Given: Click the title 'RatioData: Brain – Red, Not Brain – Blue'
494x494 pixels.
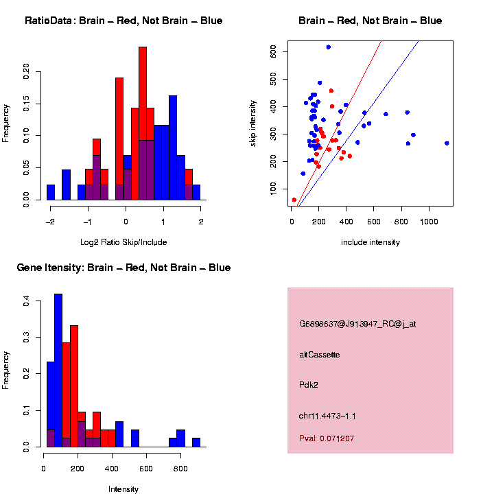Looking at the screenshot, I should point(123,21).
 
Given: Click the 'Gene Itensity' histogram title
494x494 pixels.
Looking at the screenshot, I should point(123,268).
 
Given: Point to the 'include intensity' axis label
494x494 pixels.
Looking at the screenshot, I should point(370,242).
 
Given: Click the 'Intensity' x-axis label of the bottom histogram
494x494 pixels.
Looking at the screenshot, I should point(123,489).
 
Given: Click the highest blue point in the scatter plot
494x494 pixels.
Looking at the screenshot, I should point(328,47).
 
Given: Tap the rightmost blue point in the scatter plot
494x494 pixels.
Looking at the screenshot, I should point(447,143).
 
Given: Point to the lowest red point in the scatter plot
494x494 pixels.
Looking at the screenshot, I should point(294,200).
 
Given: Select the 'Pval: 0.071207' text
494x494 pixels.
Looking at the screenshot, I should point(327,438).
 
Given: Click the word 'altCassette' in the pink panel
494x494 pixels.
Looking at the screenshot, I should point(319,355).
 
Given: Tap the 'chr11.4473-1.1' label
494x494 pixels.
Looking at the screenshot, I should point(327,416).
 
